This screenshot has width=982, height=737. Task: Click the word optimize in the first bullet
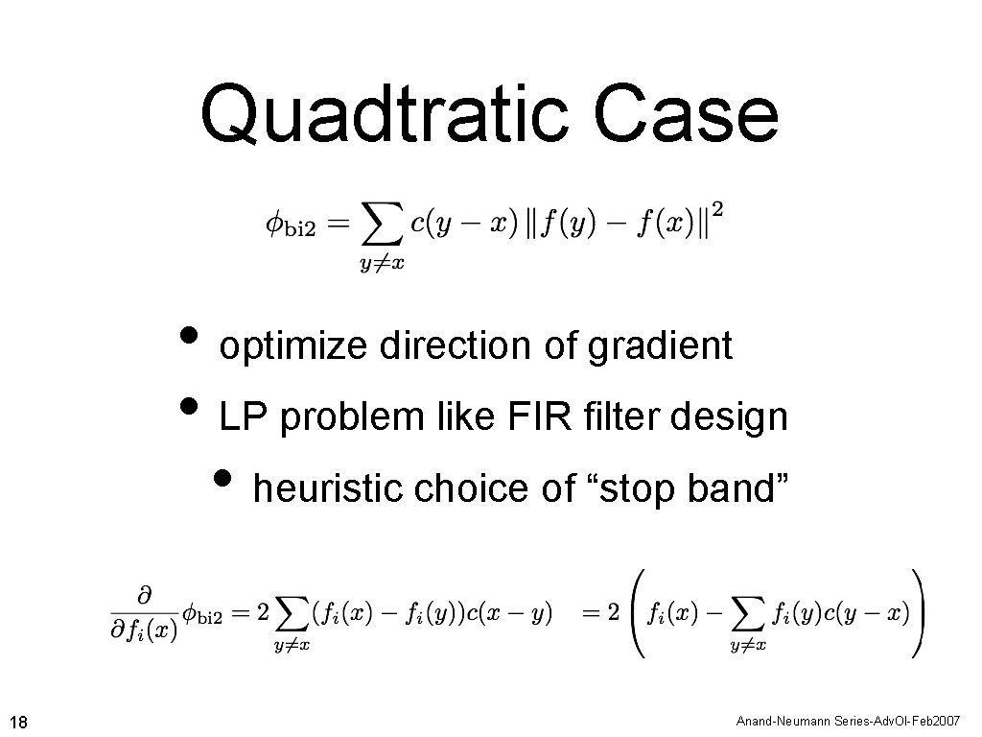coord(295,345)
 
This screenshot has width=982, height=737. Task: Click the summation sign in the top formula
coord(381,228)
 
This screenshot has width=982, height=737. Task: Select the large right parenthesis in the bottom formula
coord(918,611)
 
